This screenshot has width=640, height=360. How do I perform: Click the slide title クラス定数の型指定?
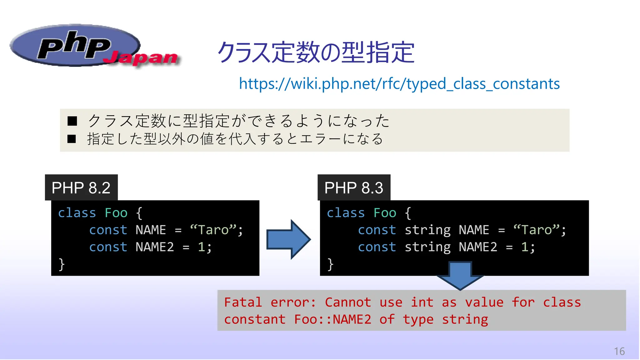pyautogui.click(x=316, y=52)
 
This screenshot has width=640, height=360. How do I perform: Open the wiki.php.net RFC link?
pyautogui.click(x=399, y=84)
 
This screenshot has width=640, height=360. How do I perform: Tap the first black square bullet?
pyautogui.click(x=72, y=121)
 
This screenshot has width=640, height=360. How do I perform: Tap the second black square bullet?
pyautogui.click(x=72, y=139)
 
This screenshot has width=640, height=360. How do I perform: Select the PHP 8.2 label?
pyautogui.click(x=81, y=188)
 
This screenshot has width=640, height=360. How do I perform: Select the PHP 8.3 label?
pyautogui.click(x=354, y=188)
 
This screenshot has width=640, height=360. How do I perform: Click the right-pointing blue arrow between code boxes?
pyautogui.click(x=288, y=239)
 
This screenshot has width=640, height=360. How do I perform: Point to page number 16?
pyautogui.click(x=619, y=351)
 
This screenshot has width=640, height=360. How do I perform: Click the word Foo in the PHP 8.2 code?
pyautogui.click(x=116, y=213)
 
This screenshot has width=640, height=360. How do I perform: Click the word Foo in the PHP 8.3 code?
pyautogui.click(x=385, y=213)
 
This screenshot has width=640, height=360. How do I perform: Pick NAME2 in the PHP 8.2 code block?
pyautogui.click(x=155, y=247)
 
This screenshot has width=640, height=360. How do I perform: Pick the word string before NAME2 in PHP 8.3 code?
pyautogui.click(x=427, y=247)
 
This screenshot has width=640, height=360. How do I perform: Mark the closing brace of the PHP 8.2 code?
pyautogui.click(x=62, y=264)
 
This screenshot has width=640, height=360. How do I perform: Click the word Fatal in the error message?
pyautogui.click(x=243, y=302)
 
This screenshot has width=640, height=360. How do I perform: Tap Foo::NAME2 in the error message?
pyautogui.click(x=332, y=319)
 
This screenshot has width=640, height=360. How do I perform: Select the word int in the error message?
pyautogui.click(x=422, y=302)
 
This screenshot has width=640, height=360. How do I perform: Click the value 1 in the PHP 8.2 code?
pyautogui.click(x=201, y=247)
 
